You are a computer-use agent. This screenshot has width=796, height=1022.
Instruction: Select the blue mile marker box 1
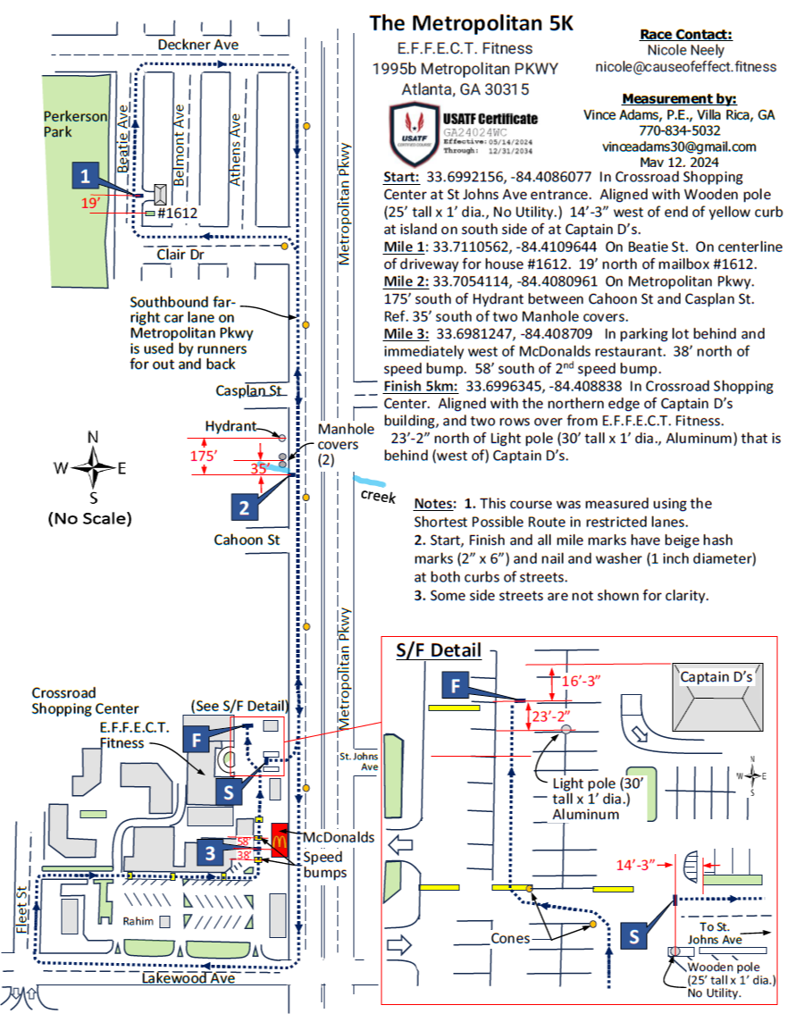click(x=85, y=176)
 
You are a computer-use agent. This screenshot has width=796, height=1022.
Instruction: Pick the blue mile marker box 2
click(x=244, y=507)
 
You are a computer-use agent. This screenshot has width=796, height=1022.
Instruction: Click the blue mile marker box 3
click(x=209, y=852)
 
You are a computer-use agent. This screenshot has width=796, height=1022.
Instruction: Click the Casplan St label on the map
click(x=247, y=391)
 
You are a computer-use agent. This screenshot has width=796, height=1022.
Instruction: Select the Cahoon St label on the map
click(x=247, y=540)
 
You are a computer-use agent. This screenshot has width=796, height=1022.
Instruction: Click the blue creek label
click(x=377, y=496)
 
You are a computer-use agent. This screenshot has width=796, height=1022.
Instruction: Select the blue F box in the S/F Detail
click(x=456, y=686)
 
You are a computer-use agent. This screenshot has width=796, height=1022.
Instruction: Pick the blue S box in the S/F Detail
click(x=633, y=936)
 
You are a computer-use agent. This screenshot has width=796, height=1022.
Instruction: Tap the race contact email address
click(x=686, y=66)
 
